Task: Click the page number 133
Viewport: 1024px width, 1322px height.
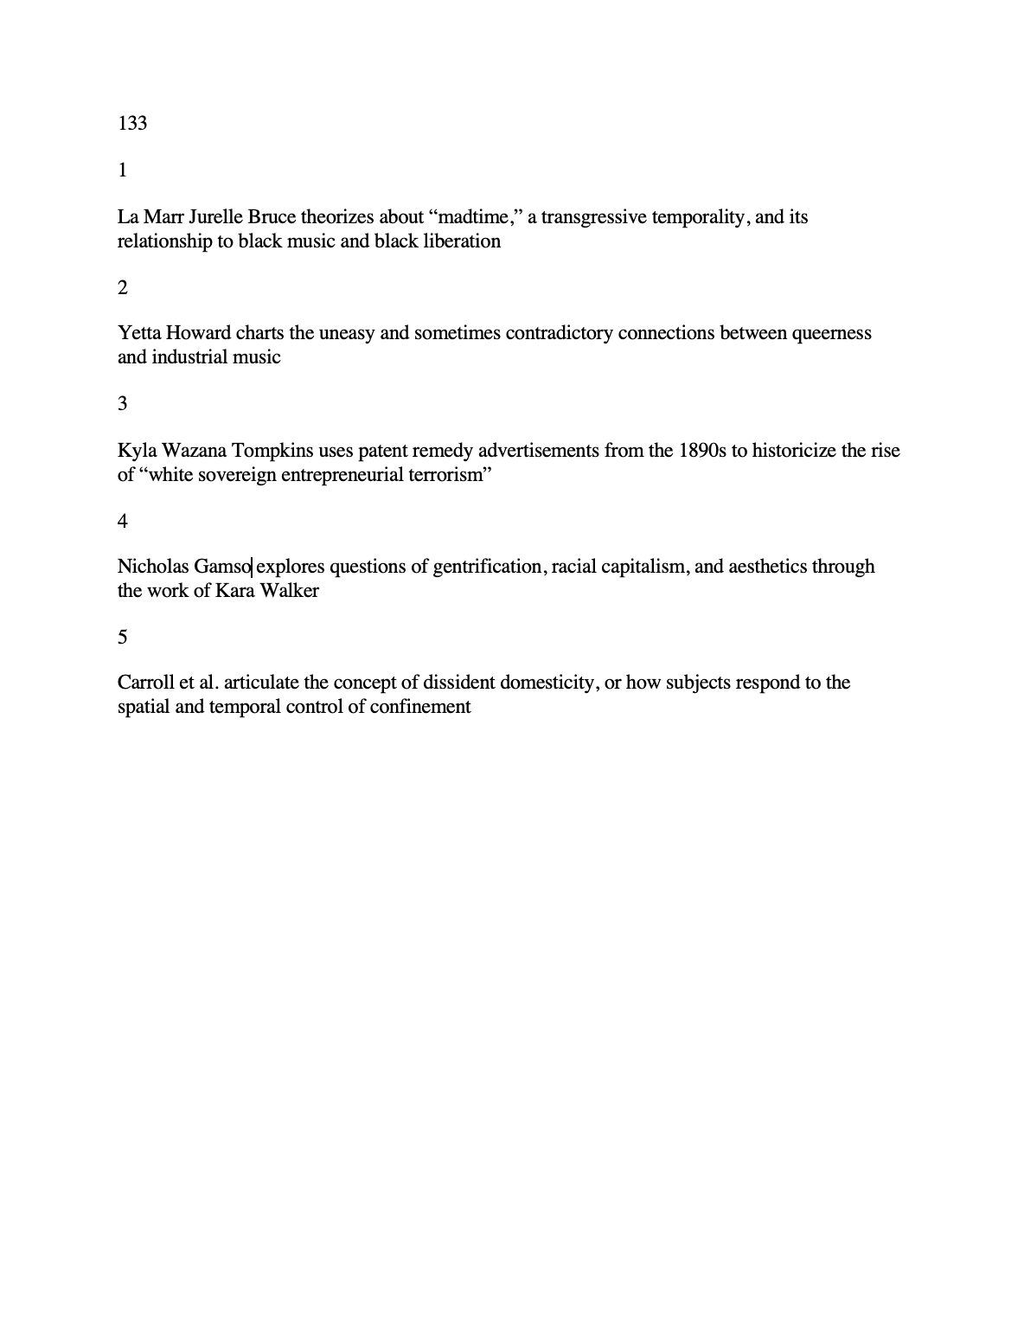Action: coord(132,124)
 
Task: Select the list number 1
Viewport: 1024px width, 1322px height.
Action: coord(123,170)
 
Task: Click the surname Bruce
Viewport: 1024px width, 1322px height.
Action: coord(272,216)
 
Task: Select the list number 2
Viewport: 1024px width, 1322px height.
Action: coord(123,287)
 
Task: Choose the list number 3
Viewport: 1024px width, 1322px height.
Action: coord(123,404)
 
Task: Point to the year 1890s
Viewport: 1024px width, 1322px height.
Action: coord(702,450)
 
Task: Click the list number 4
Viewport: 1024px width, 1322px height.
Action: coord(123,521)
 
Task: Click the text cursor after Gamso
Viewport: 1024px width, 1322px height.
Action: coord(252,567)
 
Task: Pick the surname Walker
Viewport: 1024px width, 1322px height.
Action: coord(291,591)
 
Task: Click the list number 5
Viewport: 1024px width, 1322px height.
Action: coord(123,638)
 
